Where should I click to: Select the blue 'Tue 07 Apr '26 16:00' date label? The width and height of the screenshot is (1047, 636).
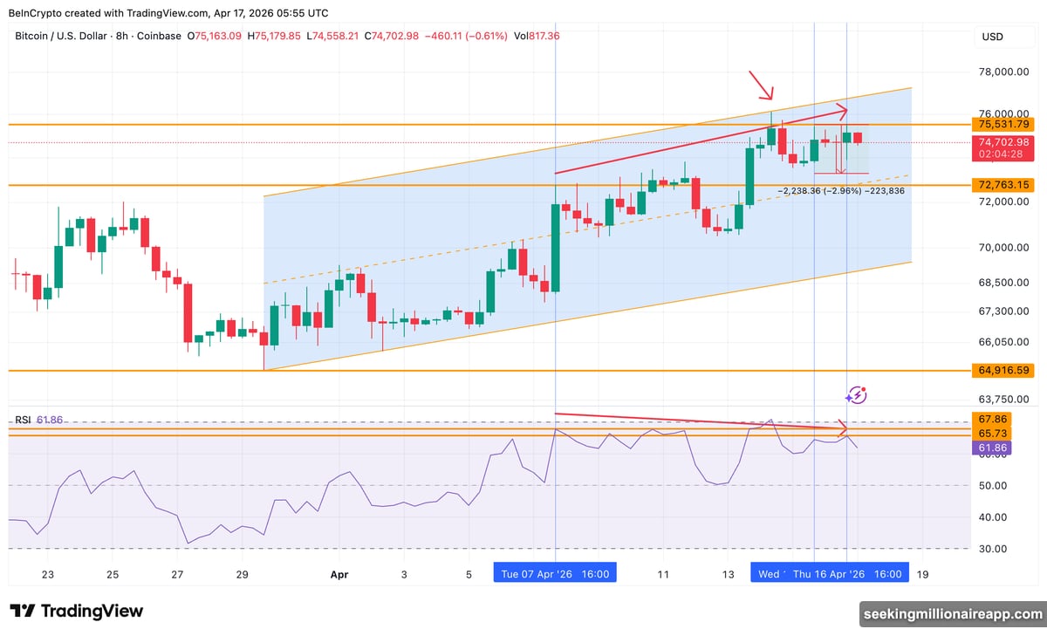point(555,573)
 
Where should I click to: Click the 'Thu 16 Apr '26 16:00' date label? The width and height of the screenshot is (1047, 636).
point(847,573)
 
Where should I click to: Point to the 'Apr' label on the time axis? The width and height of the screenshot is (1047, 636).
point(339,574)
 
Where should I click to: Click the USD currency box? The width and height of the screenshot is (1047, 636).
point(992,37)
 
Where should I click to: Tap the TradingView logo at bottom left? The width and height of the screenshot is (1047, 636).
point(77,611)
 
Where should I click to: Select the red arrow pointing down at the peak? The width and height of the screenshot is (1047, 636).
point(761,85)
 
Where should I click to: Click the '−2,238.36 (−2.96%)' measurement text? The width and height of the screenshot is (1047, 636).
point(818,190)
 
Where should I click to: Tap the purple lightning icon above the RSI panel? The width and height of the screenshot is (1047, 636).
point(857,395)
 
